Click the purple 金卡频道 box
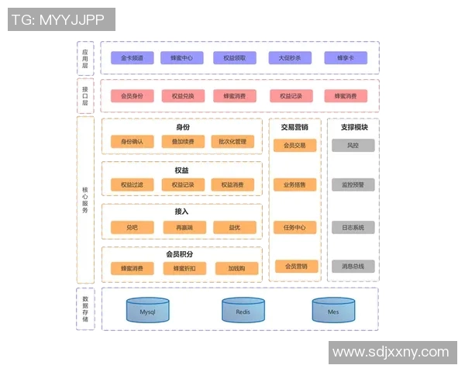(x=133, y=57)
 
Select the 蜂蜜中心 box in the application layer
(x=182, y=57)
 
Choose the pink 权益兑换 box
(x=184, y=96)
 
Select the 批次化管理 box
(x=232, y=142)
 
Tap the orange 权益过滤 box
(x=133, y=184)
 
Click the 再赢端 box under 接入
(x=184, y=227)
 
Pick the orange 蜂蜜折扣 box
(x=184, y=268)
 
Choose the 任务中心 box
(x=295, y=228)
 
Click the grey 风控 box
(x=353, y=145)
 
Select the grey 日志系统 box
(x=353, y=228)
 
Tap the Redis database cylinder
(x=243, y=310)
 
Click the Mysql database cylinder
(x=148, y=310)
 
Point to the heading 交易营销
(x=294, y=127)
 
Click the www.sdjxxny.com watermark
(x=391, y=353)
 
